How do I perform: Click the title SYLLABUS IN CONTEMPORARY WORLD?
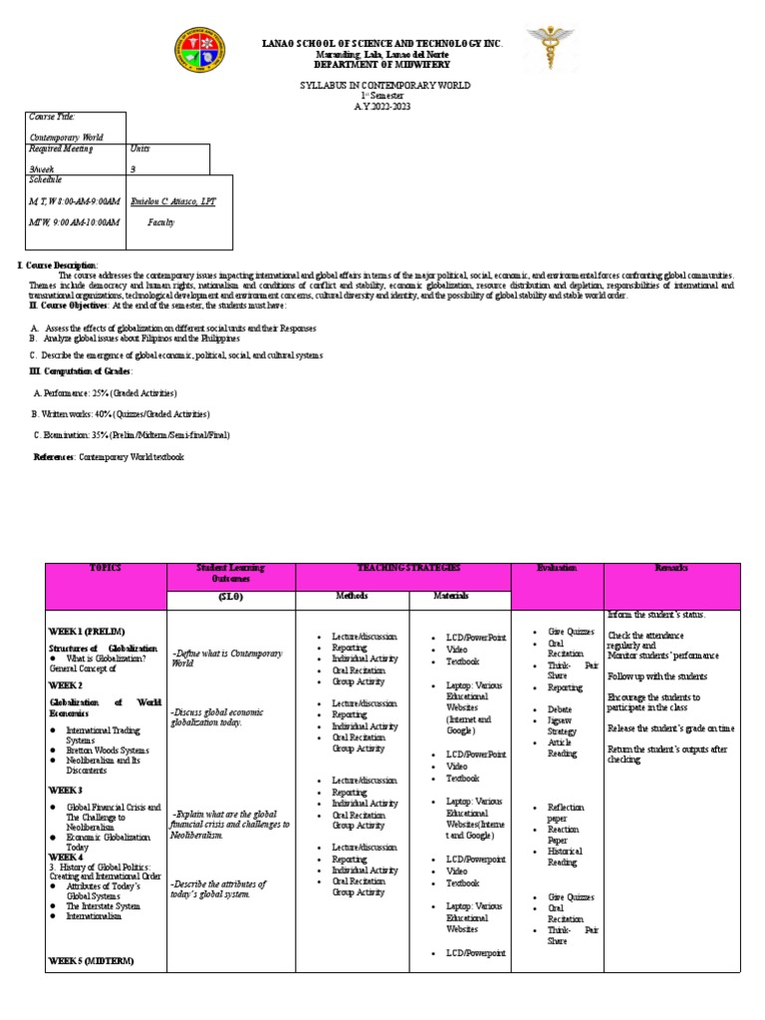point(384,86)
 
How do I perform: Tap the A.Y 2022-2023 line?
point(383,107)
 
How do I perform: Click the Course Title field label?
point(51,118)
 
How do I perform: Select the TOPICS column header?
point(106,568)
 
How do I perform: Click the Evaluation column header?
point(557,568)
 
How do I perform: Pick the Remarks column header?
point(671,568)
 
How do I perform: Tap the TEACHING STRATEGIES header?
point(402,568)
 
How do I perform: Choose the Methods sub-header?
point(352,596)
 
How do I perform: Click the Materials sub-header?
point(451,596)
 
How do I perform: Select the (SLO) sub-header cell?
point(231,596)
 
